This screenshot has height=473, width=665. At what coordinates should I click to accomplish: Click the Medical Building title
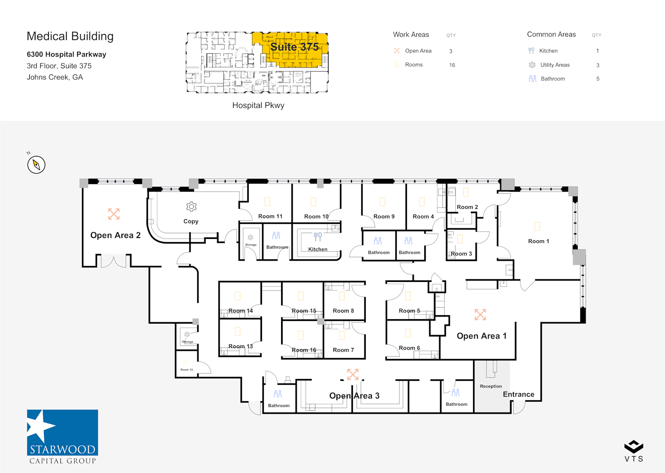click(x=70, y=36)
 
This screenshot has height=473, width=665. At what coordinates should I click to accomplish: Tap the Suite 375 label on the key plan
click(x=294, y=47)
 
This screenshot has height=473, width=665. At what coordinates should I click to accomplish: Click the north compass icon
click(x=36, y=165)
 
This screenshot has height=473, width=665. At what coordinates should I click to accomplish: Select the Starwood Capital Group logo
click(x=63, y=437)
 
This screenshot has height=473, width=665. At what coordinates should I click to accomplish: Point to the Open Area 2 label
click(x=115, y=235)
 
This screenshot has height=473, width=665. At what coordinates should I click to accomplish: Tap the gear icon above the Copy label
click(x=191, y=207)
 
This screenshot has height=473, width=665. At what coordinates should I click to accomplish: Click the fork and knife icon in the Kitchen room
click(x=318, y=237)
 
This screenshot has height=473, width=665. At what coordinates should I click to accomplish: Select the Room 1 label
click(x=538, y=241)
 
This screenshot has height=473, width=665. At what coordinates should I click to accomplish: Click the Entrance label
click(x=518, y=395)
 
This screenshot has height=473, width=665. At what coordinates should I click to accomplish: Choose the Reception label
click(x=491, y=387)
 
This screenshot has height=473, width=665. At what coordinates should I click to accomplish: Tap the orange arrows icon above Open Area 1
click(x=480, y=315)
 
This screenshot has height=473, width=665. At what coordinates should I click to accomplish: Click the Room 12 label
click(x=187, y=370)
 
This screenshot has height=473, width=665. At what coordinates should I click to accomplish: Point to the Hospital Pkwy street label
click(x=258, y=106)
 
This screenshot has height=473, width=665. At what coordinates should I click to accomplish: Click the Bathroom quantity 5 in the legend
click(x=598, y=79)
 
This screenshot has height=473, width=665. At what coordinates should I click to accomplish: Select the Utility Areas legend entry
click(x=555, y=65)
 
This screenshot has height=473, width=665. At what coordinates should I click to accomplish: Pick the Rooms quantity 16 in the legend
click(x=452, y=65)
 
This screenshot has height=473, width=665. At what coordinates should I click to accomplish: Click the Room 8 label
click(x=343, y=311)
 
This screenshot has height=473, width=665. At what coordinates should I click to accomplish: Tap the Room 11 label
click(x=270, y=216)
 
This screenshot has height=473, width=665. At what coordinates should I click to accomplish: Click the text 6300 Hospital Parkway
click(x=66, y=55)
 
